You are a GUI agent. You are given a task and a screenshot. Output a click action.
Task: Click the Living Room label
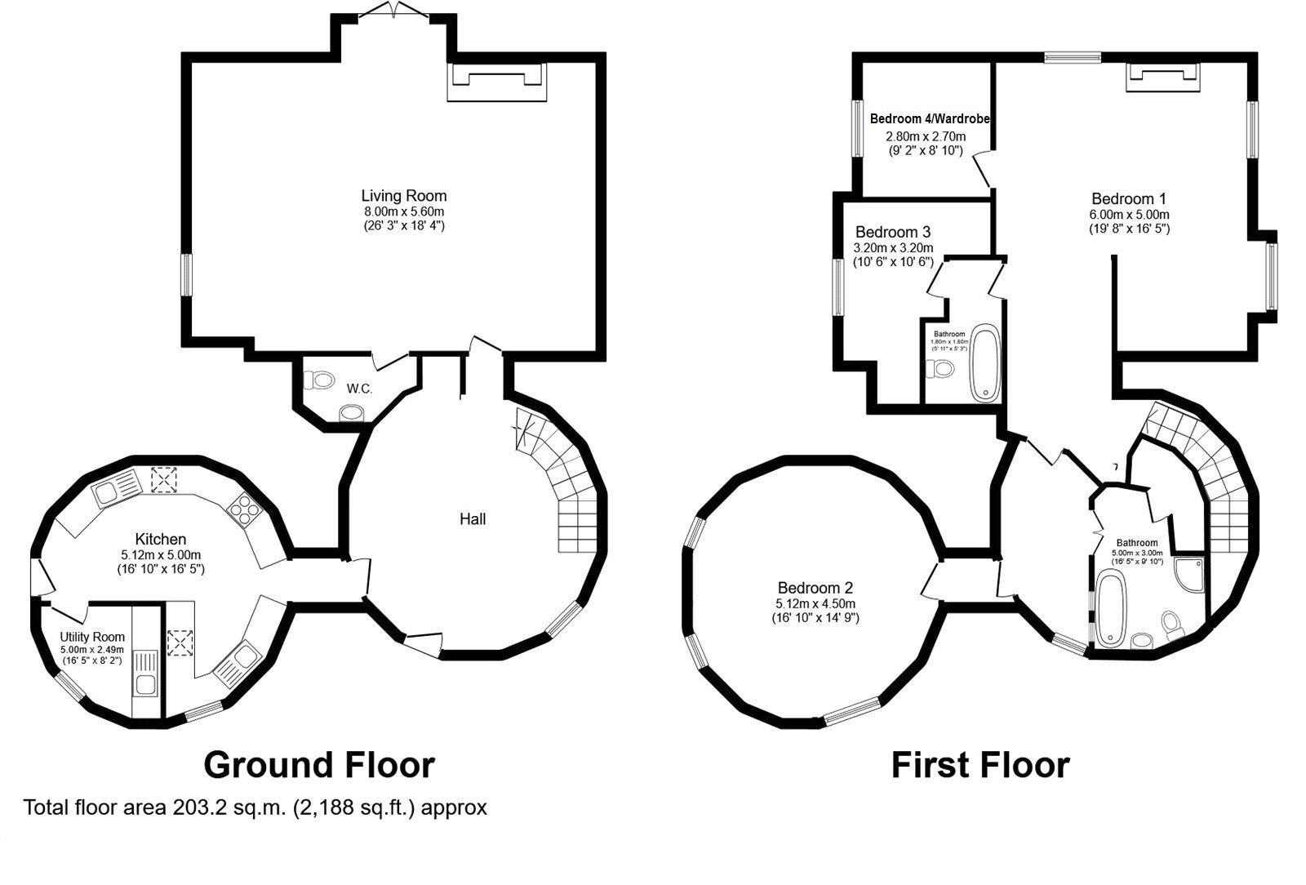(x=404, y=196)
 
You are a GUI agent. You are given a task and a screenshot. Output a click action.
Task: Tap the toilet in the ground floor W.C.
(x=319, y=380)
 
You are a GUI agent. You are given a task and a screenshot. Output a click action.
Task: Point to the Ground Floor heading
(x=318, y=765)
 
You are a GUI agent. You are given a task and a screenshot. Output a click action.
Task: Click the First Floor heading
(x=979, y=765)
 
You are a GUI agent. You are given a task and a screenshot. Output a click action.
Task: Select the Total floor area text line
(x=255, y=807)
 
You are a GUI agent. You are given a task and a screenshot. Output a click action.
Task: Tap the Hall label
(x=473, y=519)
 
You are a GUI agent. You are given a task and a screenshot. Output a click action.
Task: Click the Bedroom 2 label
(x=815, y=588)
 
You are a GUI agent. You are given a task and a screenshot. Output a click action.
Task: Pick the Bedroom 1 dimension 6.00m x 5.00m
(x=1129, y=215)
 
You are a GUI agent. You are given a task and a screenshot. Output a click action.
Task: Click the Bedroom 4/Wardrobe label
(x=930, y=119)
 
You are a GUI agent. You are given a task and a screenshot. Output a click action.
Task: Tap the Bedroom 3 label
(x=892, y=232)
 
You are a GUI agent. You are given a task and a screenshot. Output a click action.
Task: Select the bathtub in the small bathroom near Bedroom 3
(x=986, y=363)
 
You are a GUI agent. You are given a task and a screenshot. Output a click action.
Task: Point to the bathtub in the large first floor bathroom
(x=1111, y=610)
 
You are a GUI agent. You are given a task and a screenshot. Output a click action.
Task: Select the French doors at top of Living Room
(x=393, y=11)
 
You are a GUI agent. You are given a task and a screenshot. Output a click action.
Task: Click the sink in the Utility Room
(x=147, y=674)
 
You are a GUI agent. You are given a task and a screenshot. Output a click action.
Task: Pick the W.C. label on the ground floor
(x=359, y=389)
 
